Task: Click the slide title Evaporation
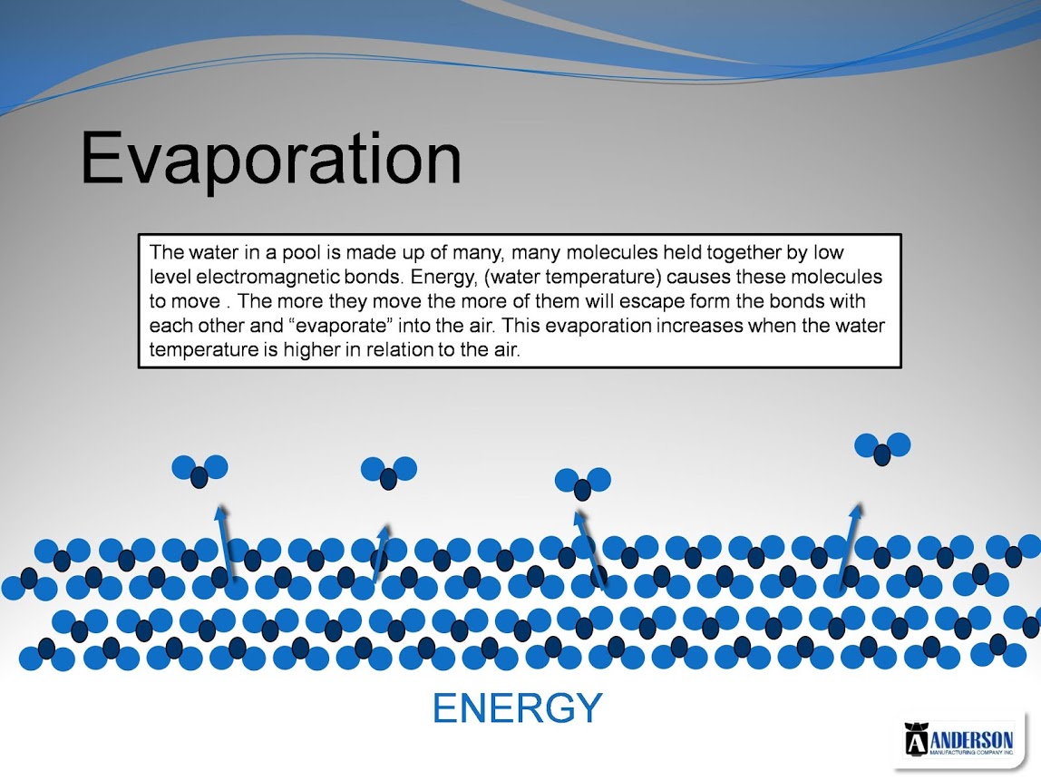click(x=271, y=160)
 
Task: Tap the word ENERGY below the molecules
click(x=517, y=708)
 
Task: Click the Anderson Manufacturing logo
click(x=960, y=739)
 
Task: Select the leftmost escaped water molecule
click(x=199, y=471)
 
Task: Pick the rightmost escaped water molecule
click(x=882, y=448)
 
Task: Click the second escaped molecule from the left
click(x=389, y=473)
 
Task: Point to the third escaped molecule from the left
click(x=583, y=483)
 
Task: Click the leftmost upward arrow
click(x=225, y=542)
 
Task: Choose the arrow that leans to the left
click(x=590, y=549)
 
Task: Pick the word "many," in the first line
click(x=477, y=254)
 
